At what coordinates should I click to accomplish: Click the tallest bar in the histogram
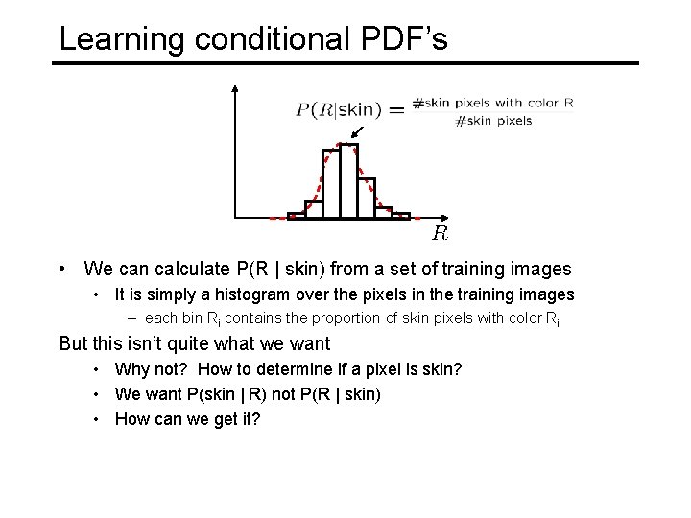347,181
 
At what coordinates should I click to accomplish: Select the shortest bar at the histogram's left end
297,216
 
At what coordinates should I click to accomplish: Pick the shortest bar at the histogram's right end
400,216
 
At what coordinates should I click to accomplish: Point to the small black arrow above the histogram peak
358,132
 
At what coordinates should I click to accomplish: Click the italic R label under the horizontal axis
440,233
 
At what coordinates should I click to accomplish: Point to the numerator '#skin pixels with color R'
492,102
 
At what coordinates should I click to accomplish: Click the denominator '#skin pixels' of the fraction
493,121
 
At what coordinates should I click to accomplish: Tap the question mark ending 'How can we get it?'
257,419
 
